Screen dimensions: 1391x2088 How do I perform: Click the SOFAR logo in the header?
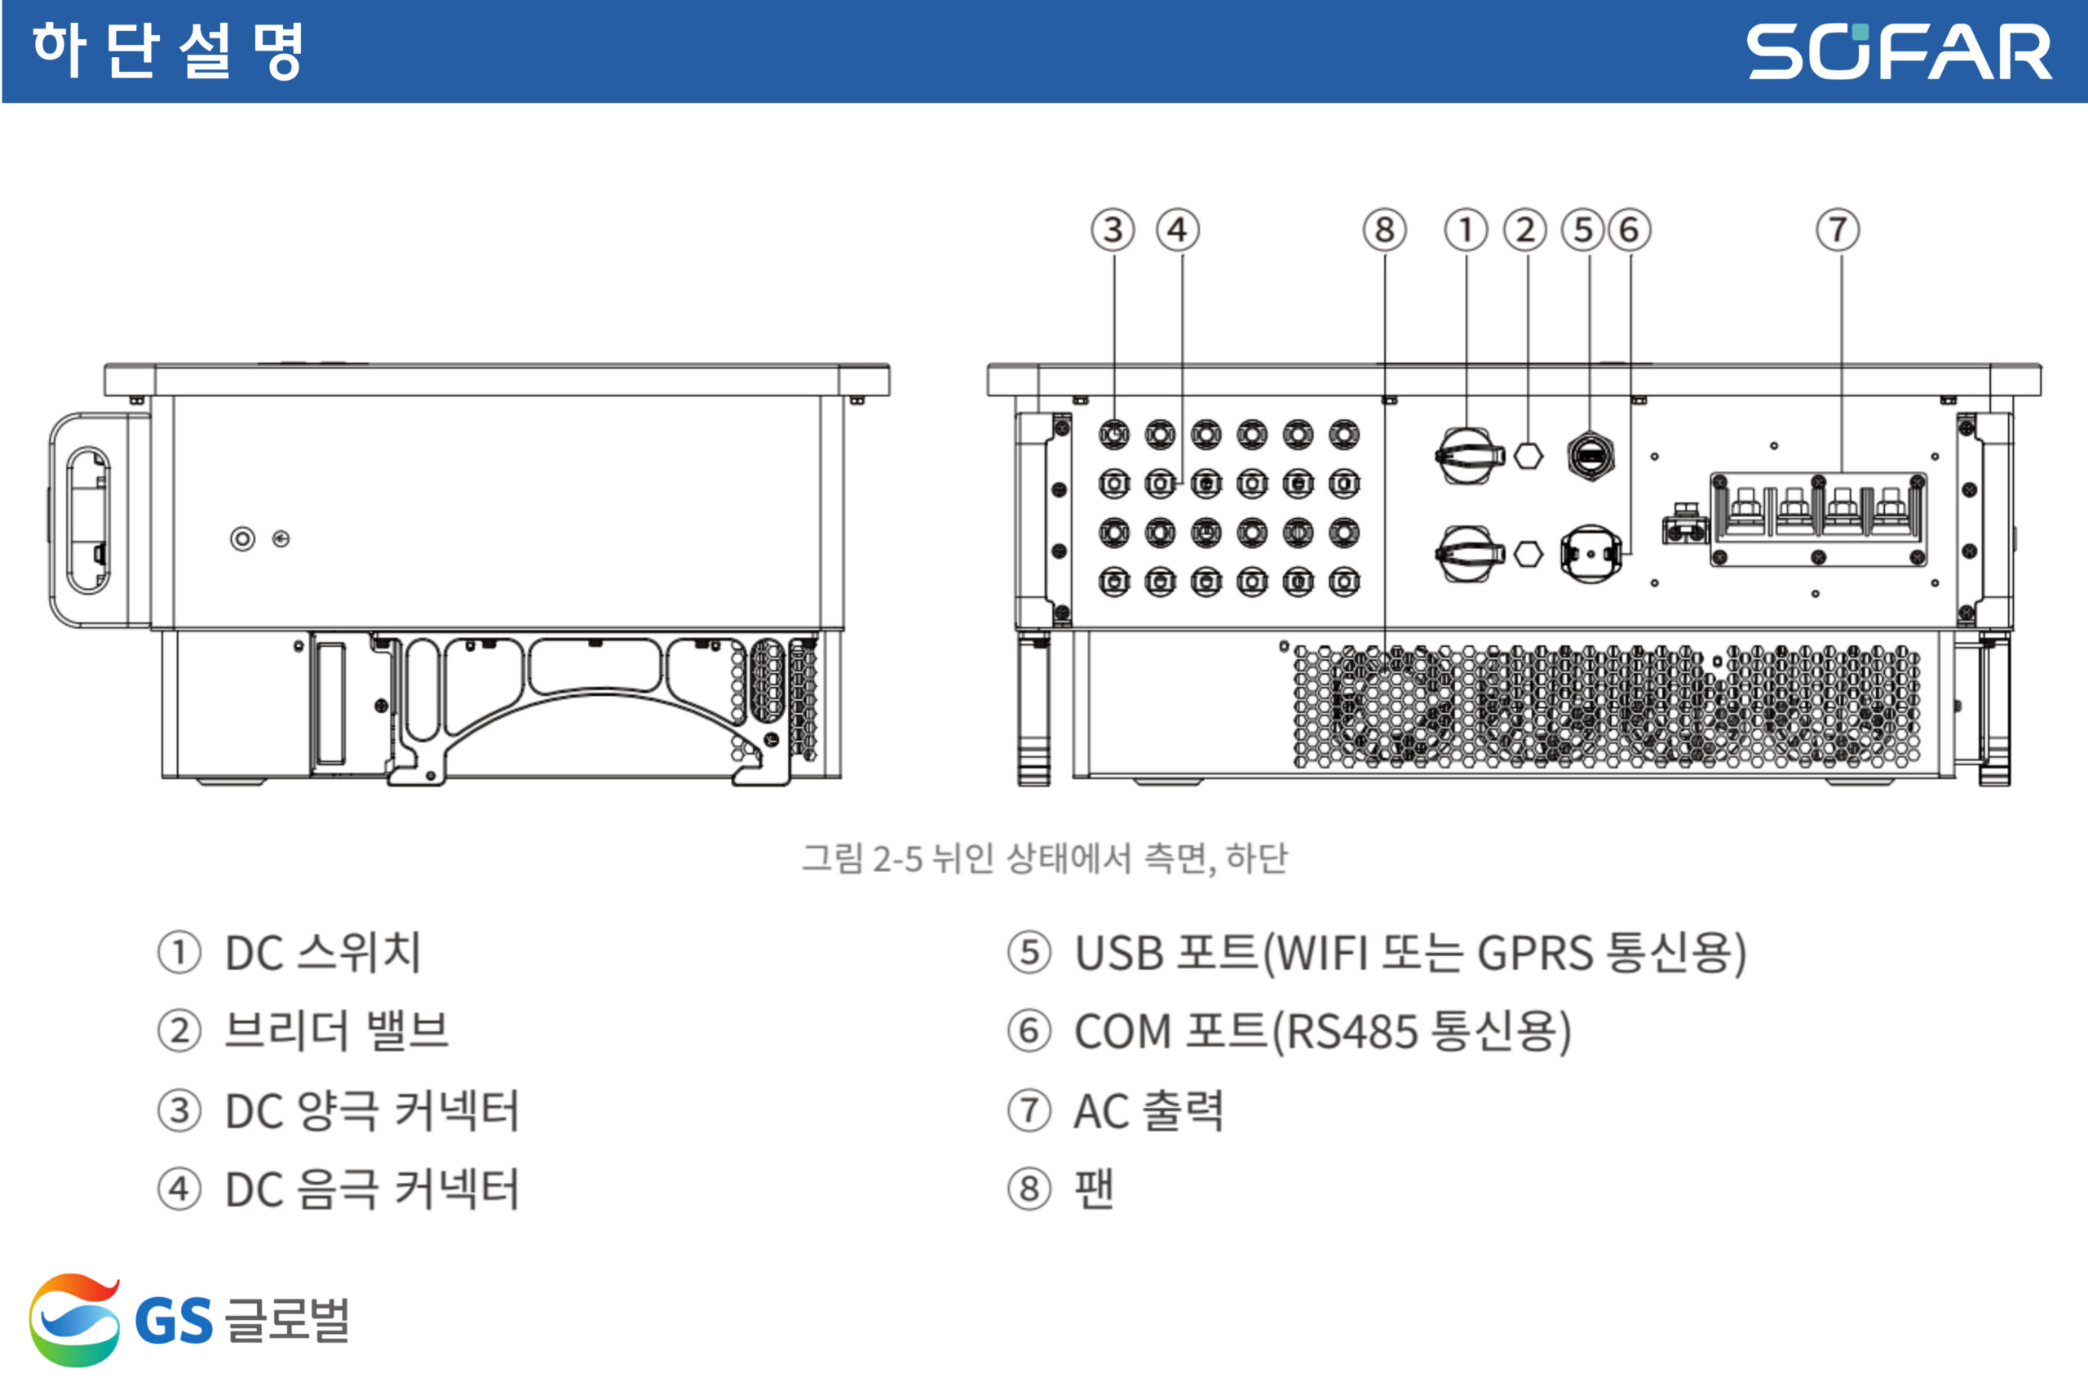[1898, 51]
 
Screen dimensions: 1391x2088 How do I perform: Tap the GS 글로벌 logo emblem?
[73, 1319]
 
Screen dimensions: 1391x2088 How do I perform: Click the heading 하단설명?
[169, 51]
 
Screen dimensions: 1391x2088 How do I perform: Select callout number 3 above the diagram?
[1113, 230]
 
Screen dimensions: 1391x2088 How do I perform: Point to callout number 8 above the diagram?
[1384, 230]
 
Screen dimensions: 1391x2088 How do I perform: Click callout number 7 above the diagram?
[1838, 230]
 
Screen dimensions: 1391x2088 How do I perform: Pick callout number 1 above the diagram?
[1466, 230]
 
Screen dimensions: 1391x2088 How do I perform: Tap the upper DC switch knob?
[1469, 456]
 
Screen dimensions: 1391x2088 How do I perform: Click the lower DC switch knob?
[1469, 554]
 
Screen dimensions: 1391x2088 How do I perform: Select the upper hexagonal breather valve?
[1528, 456]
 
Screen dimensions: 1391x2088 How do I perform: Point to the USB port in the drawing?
[1590, 456]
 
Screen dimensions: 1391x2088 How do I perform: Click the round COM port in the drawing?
[1590, 554]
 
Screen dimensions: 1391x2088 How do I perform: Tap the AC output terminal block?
[1817, 520]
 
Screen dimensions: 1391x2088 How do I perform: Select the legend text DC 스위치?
[323, 953]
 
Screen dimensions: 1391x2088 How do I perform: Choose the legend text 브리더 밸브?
[336, 1031]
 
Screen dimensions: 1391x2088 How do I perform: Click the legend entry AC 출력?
[1148, 1110]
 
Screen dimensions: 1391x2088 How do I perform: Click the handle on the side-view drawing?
[89, 520]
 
